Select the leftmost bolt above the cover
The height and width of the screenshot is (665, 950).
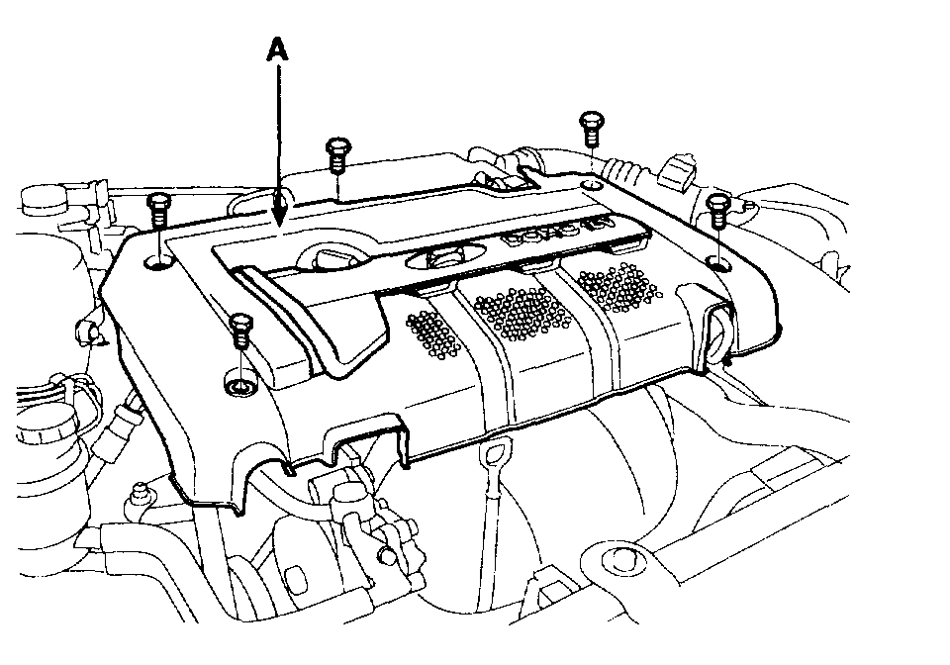[158, 211]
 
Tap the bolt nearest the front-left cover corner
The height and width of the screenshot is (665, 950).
[238, 330]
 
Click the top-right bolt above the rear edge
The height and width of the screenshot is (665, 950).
[590, 128]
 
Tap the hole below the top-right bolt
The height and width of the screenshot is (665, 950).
[592, 185]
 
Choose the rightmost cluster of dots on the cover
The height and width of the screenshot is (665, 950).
[620, 287]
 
